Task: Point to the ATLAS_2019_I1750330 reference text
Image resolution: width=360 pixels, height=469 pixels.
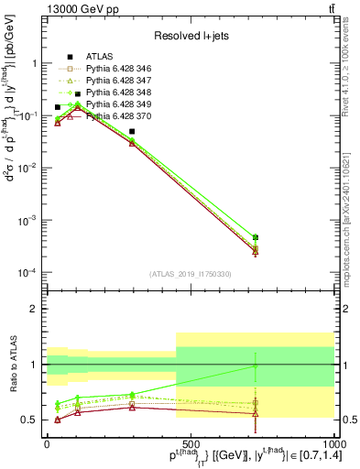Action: [x=190, y=274]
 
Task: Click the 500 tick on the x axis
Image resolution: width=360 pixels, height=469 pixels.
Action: [x=191, y=442]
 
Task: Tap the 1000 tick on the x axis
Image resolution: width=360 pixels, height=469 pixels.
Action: [x=332, y=442]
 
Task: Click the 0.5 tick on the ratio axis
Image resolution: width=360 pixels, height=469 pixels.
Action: [x=35, y=420]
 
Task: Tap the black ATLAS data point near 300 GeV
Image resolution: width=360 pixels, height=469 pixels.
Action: [x=132, y=132]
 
